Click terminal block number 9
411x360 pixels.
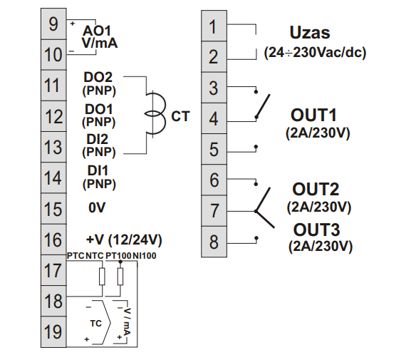[x=53, y=24]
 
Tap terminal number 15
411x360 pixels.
[x=53, y=209]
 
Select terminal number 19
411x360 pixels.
[x=53, y=331]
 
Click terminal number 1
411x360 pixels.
[x=214, y=26]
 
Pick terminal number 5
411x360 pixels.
[x=214, y=149]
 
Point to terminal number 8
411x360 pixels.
[x=214, y=242]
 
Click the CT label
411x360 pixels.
[x=180, y=116]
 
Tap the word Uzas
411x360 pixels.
[x=310, y=33]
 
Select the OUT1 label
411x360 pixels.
[x=313, y=115]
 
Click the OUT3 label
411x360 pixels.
[x=316, y=230]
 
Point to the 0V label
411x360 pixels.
[x=97, y=207]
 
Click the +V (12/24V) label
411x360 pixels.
[x=124, y=240]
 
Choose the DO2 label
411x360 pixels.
[x=98, y=77]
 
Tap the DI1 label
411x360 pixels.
[x=98, y=170]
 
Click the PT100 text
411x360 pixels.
[x=118, y=256]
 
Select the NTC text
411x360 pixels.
[x=95, y=256]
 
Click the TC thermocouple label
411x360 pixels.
[x=95, y=323]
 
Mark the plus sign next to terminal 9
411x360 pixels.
[x=73, y=24]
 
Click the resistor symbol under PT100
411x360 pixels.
[x=120, y=277]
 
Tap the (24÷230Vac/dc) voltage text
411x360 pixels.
[x=315, y=53]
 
